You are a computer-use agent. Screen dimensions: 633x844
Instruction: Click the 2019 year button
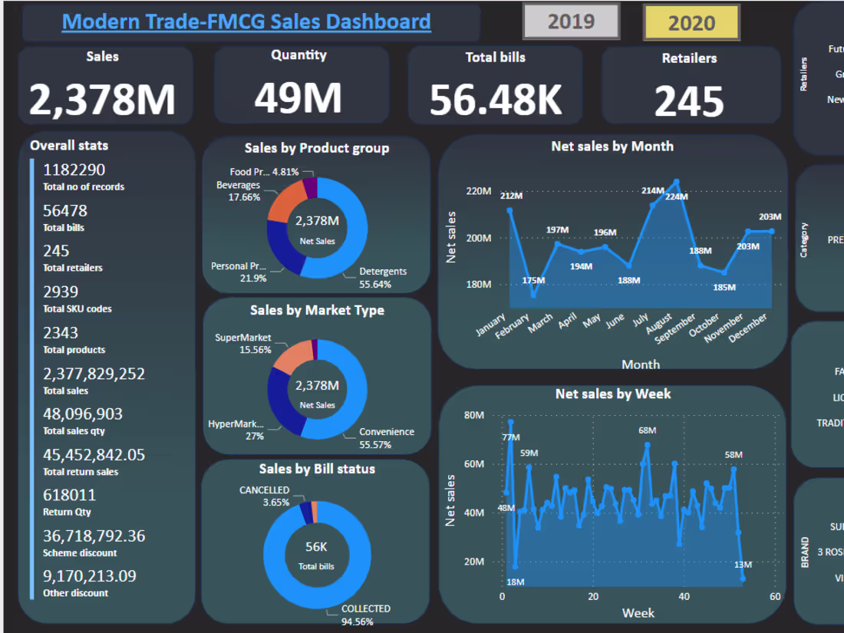click(571, 21)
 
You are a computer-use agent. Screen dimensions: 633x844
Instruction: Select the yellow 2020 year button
click(691, 22)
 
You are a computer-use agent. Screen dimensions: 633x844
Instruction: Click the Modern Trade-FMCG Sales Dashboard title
click(246, 21)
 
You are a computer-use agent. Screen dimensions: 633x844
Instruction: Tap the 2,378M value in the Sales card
click(103, 100)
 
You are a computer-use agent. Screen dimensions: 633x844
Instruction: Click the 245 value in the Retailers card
click(689, 101)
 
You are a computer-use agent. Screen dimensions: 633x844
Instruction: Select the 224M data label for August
click(676, 196)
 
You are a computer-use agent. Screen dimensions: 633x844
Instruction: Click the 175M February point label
click(532, 280)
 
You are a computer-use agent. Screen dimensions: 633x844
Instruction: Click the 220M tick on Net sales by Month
click(479, 191)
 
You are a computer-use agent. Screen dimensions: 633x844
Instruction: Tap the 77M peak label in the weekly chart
click(510, 437)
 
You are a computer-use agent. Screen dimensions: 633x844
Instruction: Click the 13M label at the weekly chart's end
click(743, 565)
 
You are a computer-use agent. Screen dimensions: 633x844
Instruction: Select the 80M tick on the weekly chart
click(474, 415)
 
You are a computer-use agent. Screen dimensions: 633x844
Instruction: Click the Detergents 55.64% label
click(382, 278)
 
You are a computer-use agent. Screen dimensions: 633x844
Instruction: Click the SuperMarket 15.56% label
click(243, 344)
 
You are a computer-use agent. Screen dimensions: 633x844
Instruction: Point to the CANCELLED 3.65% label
click(265, 496)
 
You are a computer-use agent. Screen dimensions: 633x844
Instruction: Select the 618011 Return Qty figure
click(69, 495)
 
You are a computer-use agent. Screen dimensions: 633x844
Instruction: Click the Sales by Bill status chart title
click(317, 469)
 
